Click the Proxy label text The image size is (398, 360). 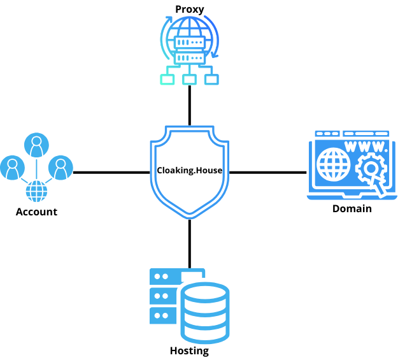point(189,9)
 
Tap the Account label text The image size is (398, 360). point(36,212)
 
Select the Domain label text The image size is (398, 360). point(352,208)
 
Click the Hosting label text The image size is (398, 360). point(189,351)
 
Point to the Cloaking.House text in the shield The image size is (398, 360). point(189,171)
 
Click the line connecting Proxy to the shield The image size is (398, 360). point(189,105)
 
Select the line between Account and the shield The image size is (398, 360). point(111,172)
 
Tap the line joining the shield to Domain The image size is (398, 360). point(267,172)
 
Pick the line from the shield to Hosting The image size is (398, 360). point(189,243)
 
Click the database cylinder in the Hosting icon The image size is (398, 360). point(204,312)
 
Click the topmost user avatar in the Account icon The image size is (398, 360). point(36,145)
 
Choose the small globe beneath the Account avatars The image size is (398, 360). point(36,190)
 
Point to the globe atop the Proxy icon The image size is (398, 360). point(189,29)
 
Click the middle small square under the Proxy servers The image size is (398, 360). point(189,80)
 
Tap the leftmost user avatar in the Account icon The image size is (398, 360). point(12,168)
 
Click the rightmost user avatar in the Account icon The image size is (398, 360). point(60,168)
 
